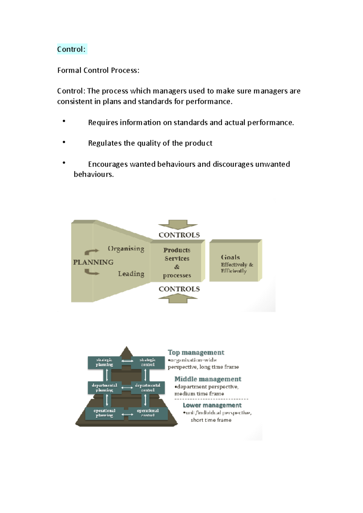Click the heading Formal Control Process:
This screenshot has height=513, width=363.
coord(98,70)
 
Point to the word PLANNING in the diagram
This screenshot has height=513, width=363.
coord(93,262)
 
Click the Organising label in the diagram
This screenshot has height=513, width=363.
coord(126,249)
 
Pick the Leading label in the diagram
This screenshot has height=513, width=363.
coord(131,274)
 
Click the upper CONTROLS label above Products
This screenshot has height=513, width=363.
coord(179,235)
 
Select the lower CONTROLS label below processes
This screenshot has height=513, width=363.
coord(179,289)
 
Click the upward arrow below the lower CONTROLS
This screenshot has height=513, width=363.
coord(178,298)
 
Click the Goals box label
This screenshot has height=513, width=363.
coord(231,257)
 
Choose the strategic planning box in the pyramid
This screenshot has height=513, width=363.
coord(104,362)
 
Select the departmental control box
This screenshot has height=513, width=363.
coord(148,388)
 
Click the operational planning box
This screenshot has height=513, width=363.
coord(104,413)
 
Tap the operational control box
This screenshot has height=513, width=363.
coord(148,413)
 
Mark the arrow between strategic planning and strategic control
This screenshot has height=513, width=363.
coord(127,361)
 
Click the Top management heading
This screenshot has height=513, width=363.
coord(196,353)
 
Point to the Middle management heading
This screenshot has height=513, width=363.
coord(208,379)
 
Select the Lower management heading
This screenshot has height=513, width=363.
coord(212,405)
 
